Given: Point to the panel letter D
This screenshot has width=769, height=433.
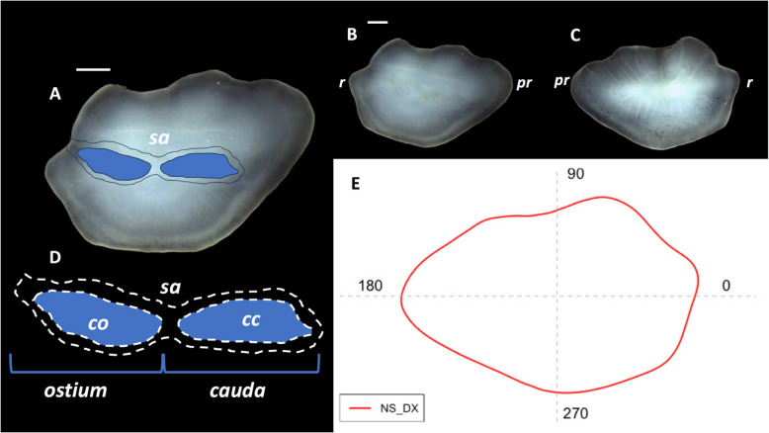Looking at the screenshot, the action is (55, 258).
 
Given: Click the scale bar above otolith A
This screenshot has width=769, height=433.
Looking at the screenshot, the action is (93, 69).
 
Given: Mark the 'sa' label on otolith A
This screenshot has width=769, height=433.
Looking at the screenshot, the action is (157, 139).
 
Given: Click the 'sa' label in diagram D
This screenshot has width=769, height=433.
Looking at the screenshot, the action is (171, 287).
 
